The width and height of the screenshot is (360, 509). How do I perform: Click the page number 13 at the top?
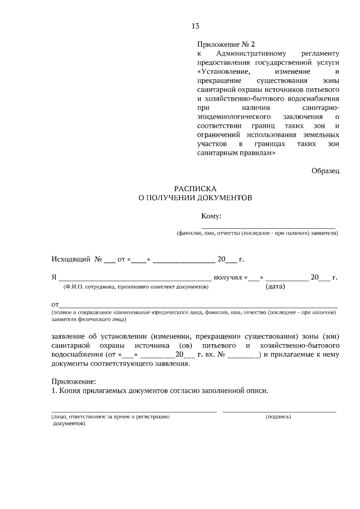[x=196, y=26]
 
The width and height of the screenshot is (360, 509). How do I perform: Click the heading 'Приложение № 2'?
[x=226, y=44]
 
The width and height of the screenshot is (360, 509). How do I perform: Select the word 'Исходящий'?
[x=71, y=259]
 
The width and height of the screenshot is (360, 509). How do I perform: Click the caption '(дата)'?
[x=275, y=287]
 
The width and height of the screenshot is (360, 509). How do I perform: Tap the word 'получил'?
[x=228, y=277]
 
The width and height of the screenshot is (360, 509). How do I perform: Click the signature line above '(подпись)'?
[x=279, y=412]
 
